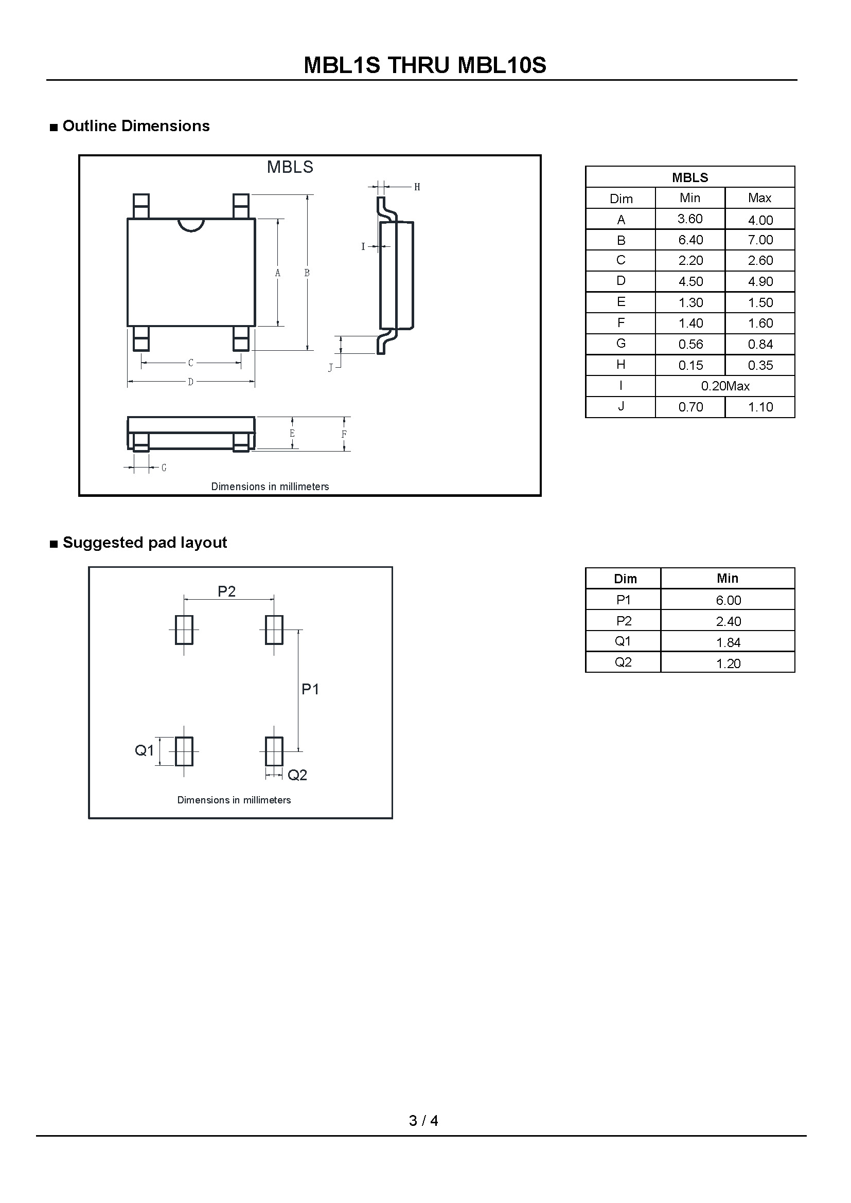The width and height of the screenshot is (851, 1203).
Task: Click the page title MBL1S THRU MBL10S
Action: click(425, 65)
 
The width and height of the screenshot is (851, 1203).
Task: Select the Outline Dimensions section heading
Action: click(136, 127)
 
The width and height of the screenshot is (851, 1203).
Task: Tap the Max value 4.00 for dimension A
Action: click(760, 220)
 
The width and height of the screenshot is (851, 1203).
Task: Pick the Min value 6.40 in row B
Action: click(690, 240)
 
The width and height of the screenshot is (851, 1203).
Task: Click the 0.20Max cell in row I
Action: click(725, 386)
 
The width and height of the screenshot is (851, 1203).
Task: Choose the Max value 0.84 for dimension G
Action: click(760, 344)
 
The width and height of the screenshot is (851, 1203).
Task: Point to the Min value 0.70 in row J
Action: click(690, 407)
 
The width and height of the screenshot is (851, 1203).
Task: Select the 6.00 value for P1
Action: click(728, 600)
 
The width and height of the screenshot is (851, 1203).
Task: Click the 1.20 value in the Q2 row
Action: click(728, 664)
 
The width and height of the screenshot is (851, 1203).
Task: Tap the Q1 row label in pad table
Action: click(623, 641)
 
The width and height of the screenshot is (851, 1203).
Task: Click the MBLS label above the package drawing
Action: click(290, 167)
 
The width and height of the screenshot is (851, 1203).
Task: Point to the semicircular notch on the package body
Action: click(191, 225)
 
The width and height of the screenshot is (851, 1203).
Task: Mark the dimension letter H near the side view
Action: click(417, 187)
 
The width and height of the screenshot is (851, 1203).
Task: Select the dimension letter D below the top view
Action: click(191, 382)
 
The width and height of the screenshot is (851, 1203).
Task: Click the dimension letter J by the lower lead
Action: click(330, 368)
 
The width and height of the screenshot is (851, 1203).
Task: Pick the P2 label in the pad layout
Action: click(226, 591)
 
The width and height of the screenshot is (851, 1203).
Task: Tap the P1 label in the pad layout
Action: click(310, 690)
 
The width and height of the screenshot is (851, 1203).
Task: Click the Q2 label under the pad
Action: click(297, 775)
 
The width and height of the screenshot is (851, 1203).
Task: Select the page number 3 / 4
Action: click(423, 1121)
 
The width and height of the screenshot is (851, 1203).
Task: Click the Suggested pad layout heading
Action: click(145, 543)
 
